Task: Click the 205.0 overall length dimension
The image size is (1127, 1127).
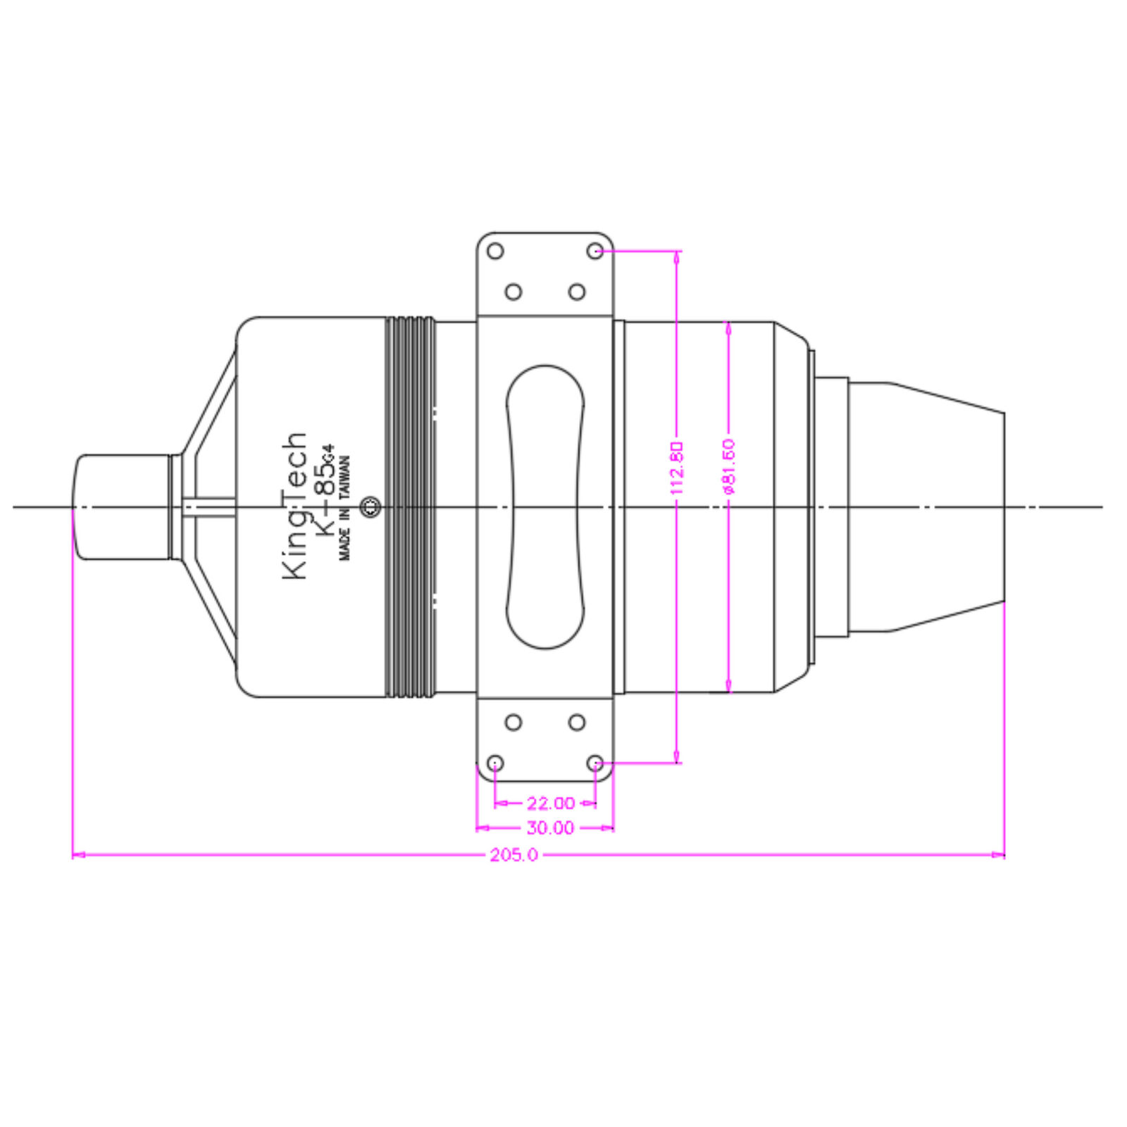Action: [x=513, y=855]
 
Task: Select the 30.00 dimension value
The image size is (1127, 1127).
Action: [x=550, y=828]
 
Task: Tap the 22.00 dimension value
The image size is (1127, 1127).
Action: [x=551, y=803]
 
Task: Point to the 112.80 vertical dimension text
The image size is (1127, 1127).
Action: [x=676, y=467]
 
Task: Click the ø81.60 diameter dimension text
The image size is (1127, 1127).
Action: [x=728, y=466]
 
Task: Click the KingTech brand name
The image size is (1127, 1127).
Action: [x=295, y=506]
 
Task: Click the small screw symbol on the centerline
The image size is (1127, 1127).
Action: [x=371, y=506]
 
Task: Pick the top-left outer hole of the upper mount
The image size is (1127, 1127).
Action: [x=495, y=251]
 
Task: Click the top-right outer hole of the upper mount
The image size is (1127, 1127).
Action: [x=595, y=251]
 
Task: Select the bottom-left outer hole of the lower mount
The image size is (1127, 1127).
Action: [x=495, y=763]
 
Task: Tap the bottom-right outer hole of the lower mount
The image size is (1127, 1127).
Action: [x=595, y=763]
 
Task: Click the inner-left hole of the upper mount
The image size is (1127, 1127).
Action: [x=513, y=292]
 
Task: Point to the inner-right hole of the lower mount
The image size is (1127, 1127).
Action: [x=577, y=722]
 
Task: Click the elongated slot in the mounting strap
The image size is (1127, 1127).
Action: [x=545, y=506]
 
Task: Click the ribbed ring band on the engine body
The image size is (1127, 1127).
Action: [x=411, y=506]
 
